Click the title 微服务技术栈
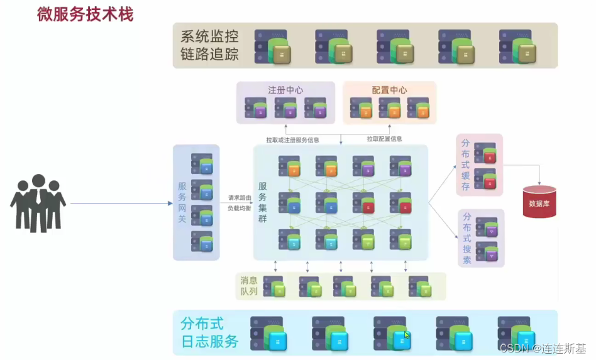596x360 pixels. pos(85,15)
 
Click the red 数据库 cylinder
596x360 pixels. pos(539,202)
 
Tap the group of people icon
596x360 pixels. pos(38,202)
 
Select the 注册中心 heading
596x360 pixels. pos(285,90)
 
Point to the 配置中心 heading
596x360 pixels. pos(390,90)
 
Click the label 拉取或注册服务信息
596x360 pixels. pos(292,139)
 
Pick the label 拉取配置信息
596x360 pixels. pos(385,139)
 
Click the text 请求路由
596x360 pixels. pos(240,197)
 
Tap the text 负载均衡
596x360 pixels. pos(240,209)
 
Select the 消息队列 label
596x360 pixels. pos(249,286)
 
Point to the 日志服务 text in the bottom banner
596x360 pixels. pos(209,342)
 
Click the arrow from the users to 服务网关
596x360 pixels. pos(119,204)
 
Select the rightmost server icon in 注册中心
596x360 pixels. pos(316,108)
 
